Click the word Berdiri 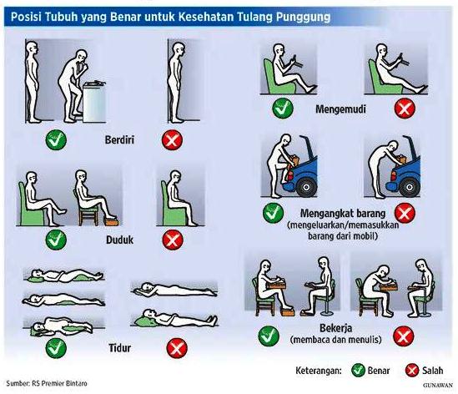click(x=119, y=139)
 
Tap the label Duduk click(x=119, y=240)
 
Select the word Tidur click(x=120, y=348)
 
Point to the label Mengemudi click(x=340, y=109)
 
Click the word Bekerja click(x=335, y=328)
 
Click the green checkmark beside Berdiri click(x=56, y=139)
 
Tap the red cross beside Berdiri click(x=173, y=139)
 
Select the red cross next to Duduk click(x=173, y=240)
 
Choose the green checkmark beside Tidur click(x=56, y=348)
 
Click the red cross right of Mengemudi click(x=405, y=109)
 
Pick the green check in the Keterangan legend click(x=358, y=371)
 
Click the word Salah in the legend click(x=432, y=371)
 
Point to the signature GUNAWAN click(x=437, y=386)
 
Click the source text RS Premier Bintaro click(x=59, y=383)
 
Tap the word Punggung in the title click(x=303, y=18)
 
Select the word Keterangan click(x=319, y=371)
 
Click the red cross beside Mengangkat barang click(x=405, y=213)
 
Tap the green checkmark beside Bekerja click(x=269, y=336)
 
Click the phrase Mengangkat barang click(x=343, y=214)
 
